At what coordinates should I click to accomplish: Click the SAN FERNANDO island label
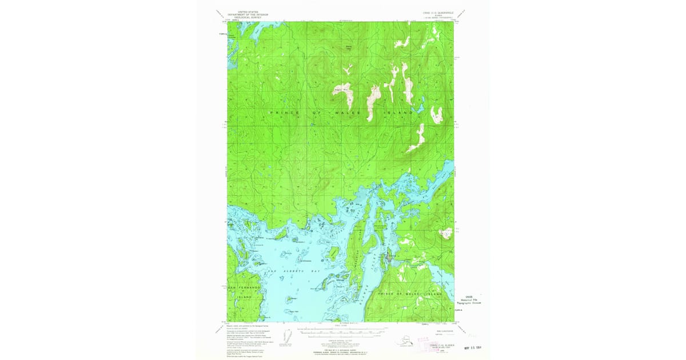point(244,287)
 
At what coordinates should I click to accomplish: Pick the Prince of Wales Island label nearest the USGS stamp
point(410,294)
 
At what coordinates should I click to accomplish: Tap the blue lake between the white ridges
point(418,108)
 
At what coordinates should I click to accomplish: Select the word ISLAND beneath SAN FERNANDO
point(244,298)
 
